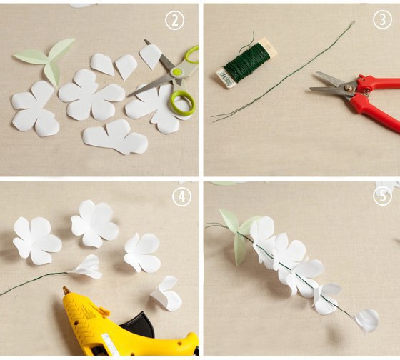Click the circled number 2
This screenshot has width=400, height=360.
(175, 21)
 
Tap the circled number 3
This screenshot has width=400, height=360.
(382, 19)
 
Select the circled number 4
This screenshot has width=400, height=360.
(181, 196)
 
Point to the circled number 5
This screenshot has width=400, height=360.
(382, 196)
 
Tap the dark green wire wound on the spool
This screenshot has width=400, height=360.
(246, 62)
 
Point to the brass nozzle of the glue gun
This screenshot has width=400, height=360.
(66, 290)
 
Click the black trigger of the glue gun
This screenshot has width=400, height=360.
(139, 323)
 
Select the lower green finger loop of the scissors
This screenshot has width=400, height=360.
(182, 103)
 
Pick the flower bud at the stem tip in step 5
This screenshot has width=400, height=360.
(366, 320)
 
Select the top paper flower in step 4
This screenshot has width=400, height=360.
(95, 224)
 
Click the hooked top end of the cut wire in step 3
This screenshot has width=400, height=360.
(353, 23)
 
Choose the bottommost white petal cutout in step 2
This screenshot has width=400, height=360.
(115, 136)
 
